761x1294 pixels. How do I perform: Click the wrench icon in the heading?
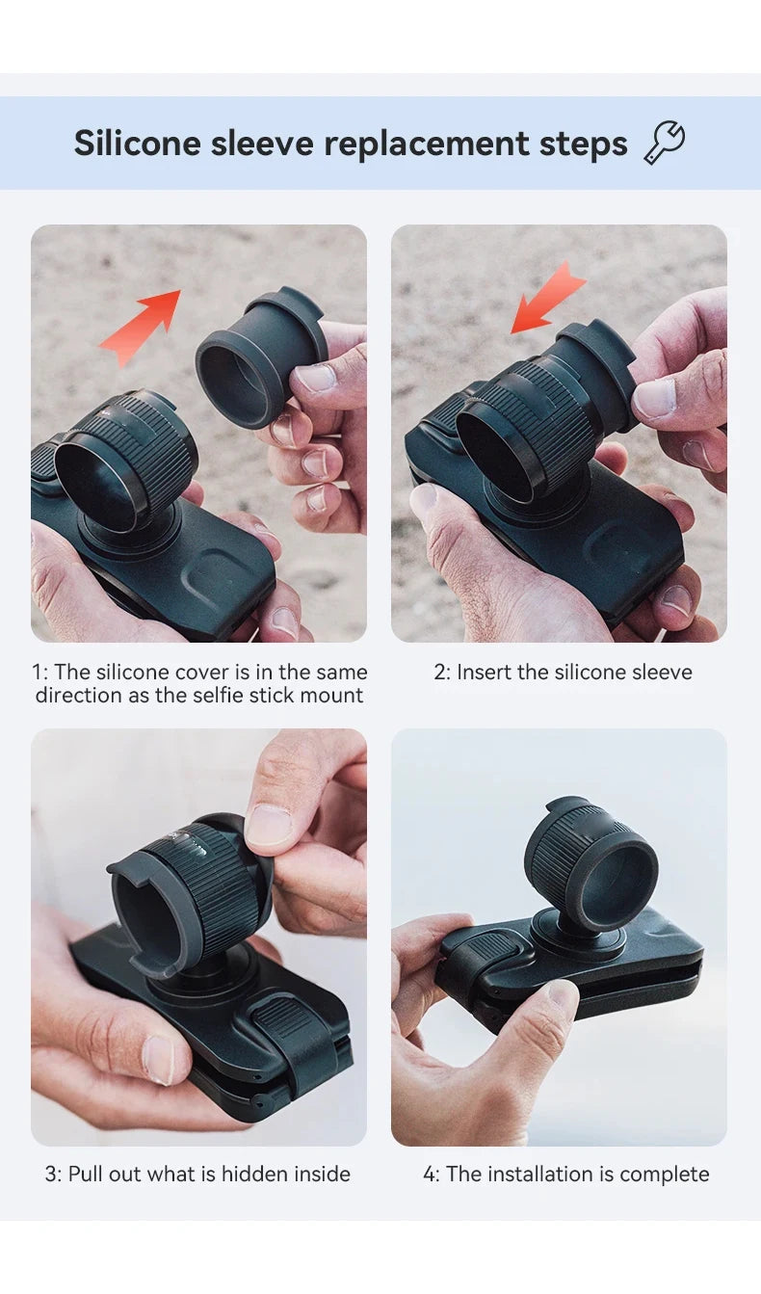coord(664,143)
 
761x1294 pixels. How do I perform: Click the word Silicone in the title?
coord(137,143)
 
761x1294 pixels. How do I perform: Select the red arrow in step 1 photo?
coord(141,328)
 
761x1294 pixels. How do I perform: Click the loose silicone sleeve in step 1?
coord(260,359)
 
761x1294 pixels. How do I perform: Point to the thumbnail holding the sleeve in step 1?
coord(315,379)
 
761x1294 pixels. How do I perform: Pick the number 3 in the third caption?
coord(51,1175)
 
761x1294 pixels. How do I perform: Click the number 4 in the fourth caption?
coord(430,1175)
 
